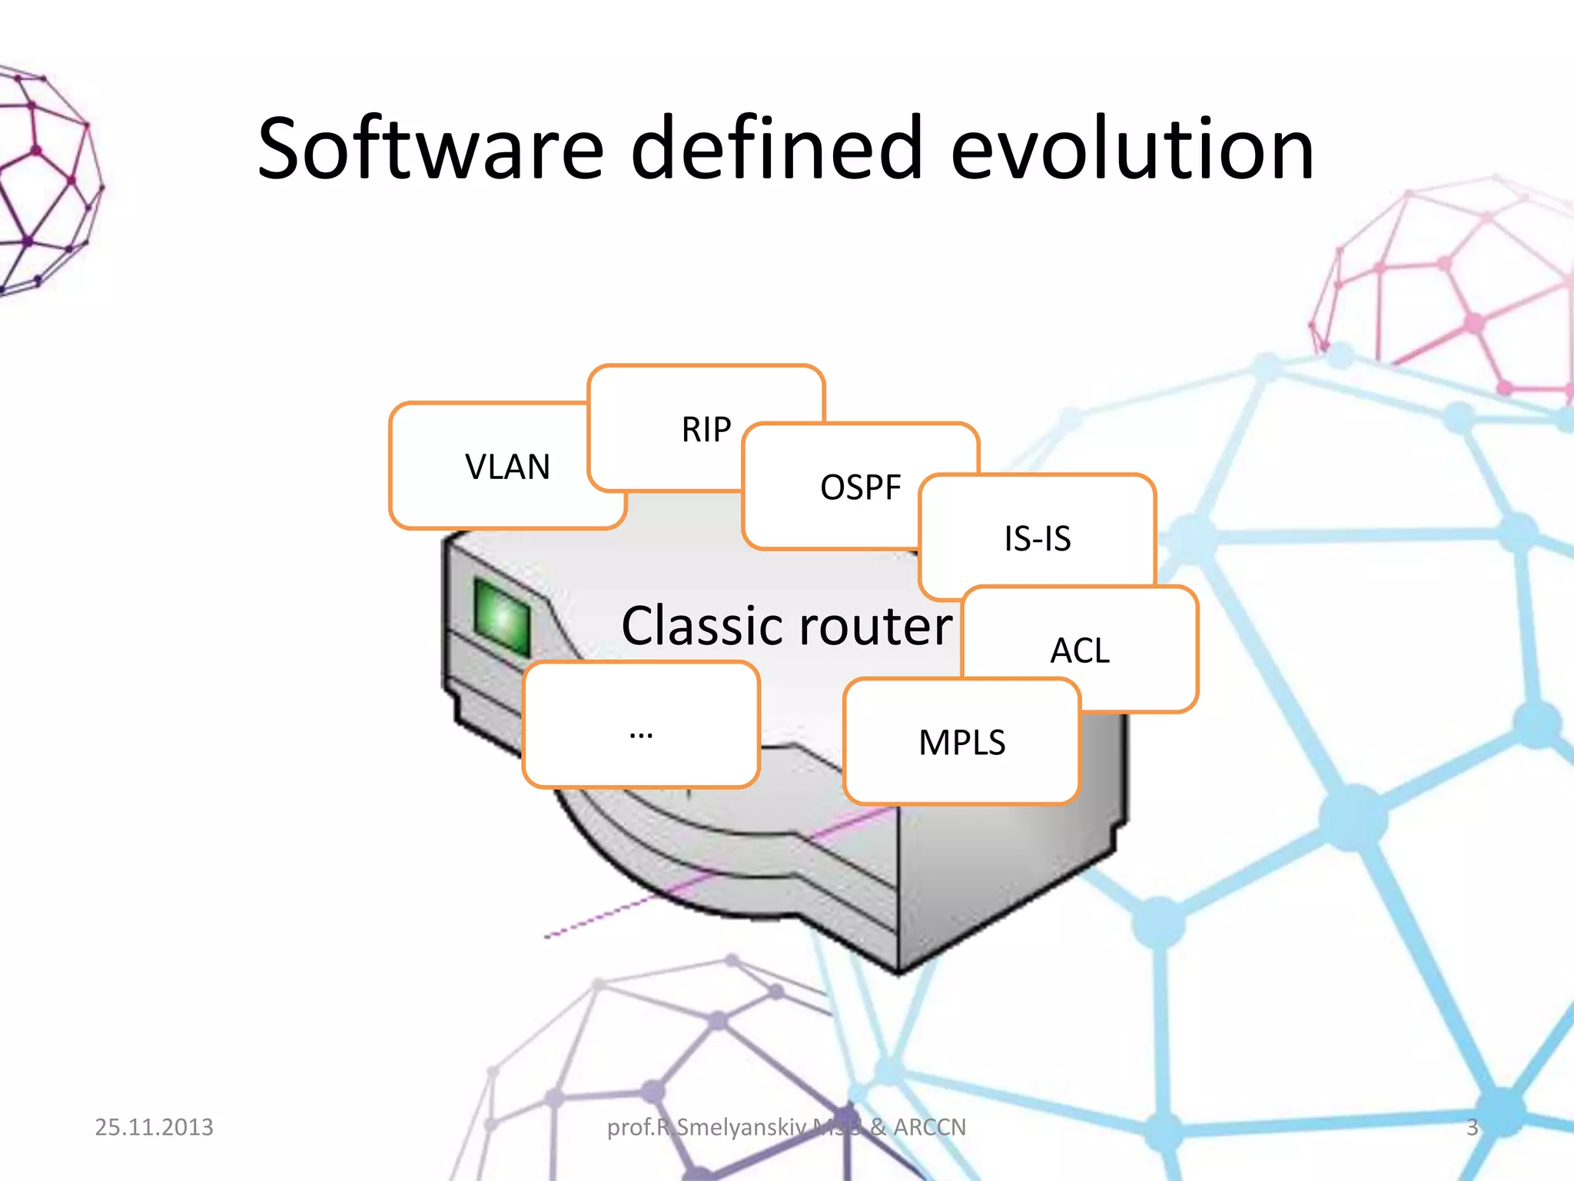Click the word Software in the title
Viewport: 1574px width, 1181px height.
coord(431,148)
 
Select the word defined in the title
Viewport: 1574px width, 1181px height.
coord(776,148)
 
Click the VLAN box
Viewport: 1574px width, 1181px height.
coord(507,467)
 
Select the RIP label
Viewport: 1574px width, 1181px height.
coord(706,429)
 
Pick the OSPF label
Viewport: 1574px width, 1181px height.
coord(860,487)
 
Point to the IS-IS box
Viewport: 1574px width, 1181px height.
coord(1038,538)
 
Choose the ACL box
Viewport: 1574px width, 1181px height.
coord(1080,650)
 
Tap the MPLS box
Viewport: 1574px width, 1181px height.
coord(961,743)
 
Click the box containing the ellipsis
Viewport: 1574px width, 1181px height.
coord(641,725)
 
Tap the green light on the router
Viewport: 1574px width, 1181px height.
coord(503,616)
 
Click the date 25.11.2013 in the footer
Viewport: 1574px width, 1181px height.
coord(154,1127)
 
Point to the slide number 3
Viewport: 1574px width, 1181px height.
coord(1472,1127)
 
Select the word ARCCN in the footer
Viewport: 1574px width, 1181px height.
coord(929,1127)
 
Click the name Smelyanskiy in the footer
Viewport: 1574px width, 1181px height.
coord(741,1127)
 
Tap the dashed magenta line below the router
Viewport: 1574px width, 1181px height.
coord(599,919)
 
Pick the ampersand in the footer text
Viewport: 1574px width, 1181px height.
coord(878,1127)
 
